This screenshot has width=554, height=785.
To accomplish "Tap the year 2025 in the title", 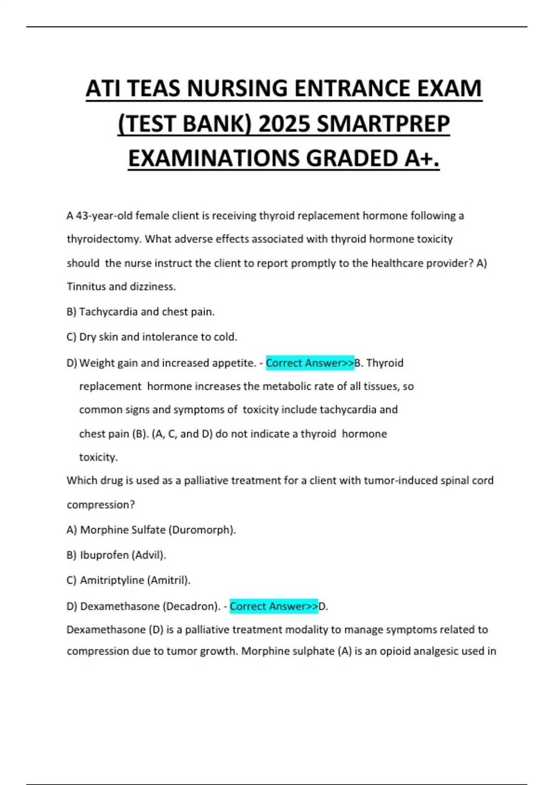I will tap(283, 123).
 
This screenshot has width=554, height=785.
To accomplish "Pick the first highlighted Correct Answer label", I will tap(310, 363).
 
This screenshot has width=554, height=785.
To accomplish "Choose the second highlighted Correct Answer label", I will tap(274, 606).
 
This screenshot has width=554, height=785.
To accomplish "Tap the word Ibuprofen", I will tap(104, 555).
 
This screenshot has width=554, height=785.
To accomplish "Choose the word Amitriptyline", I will tap(112, 580).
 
